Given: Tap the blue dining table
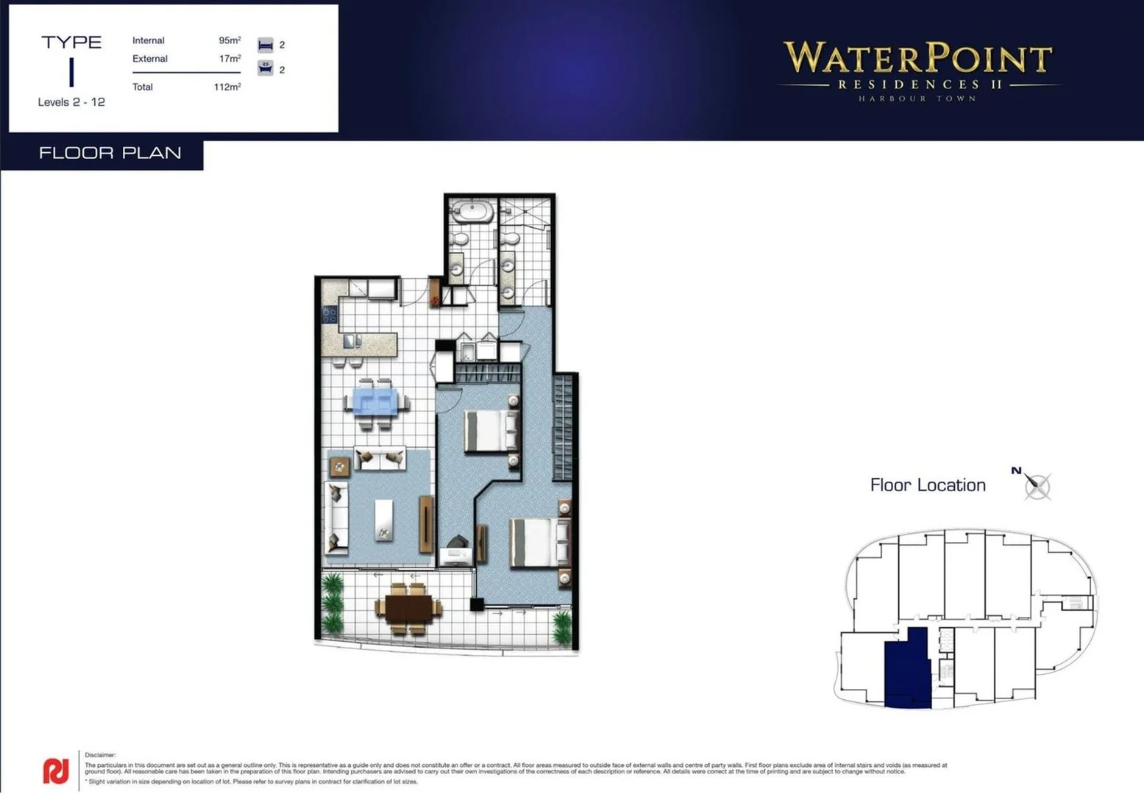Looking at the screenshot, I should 375,402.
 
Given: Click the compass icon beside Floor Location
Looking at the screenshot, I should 1037,485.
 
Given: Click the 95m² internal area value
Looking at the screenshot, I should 230,40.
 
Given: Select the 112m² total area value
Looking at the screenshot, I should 227,87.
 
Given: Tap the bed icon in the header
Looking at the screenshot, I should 266,45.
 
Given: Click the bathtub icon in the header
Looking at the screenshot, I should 266,68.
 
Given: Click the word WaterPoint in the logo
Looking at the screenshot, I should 917,58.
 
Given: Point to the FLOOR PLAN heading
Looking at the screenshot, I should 110,153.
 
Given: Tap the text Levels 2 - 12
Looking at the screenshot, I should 71,102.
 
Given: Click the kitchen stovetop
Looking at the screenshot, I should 329,315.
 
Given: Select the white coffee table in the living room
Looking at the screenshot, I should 384,520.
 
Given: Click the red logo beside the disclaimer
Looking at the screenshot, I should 56,770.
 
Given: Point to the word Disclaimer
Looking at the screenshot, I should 100,755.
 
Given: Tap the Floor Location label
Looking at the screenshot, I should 928,485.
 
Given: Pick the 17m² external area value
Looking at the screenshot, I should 230,59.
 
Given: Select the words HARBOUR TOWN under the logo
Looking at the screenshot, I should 917,99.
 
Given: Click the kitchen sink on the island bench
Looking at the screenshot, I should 352,340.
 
